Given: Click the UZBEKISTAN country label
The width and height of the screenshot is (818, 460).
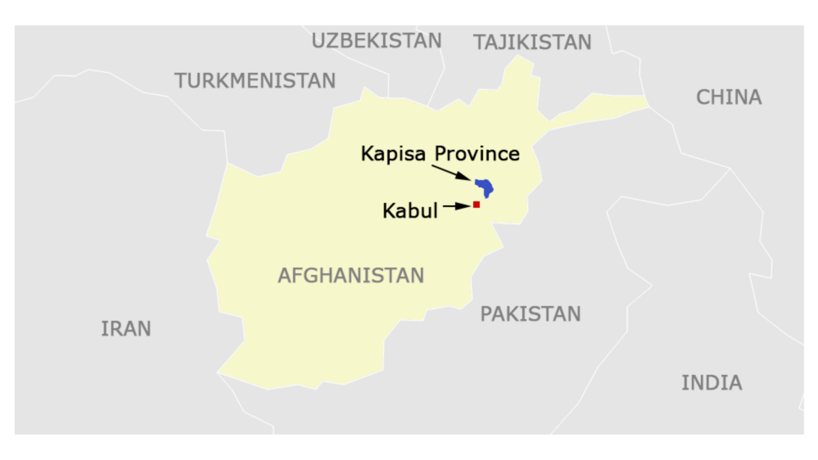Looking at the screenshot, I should [x=376, y=41].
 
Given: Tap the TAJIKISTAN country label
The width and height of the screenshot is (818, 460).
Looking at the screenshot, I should [x=532, y=43].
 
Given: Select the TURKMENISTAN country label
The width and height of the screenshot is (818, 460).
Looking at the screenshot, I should [x=255, y=80].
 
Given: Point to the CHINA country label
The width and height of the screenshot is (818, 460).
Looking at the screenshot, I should [x=729, y=97].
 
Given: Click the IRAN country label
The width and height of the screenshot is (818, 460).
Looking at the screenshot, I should [x=126, y=329].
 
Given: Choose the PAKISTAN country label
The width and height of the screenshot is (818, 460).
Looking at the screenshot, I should [x=530, y=314].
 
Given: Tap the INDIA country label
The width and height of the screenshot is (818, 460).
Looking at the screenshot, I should [x=712, y=383].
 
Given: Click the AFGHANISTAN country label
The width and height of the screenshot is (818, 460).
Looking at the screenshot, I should [x=351, y=275].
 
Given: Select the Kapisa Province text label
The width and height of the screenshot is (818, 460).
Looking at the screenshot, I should [x=440, y=154].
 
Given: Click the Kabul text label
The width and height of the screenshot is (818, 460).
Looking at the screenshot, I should [x=410, y=211].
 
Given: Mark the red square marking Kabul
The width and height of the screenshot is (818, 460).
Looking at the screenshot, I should [x=476, y=204].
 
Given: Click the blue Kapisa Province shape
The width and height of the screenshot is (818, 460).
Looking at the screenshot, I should [x=485, y=186].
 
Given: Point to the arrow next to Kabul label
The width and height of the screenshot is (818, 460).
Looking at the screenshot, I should [x=456, y=204].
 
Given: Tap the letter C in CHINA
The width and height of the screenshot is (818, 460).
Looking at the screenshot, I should [x=703, y=97].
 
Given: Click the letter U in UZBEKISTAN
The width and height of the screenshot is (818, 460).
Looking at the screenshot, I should [x=318, y=41].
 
